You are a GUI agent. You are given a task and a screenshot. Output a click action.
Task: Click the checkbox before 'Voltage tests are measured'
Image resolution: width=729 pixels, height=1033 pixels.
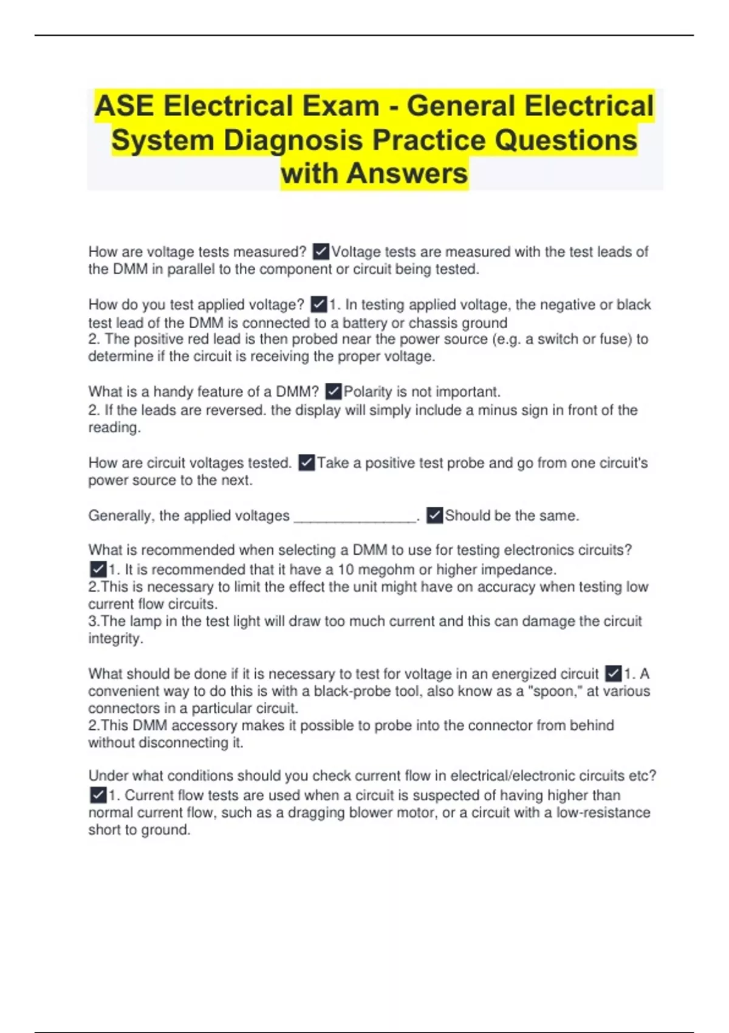point(321,252)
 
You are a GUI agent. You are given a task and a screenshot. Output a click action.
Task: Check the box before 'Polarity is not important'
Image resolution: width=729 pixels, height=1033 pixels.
point(334,392)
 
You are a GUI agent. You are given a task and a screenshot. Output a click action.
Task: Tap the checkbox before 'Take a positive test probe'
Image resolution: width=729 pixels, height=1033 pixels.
point(307,463)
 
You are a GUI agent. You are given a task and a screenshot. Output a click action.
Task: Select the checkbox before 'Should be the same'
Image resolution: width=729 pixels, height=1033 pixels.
point(434,516)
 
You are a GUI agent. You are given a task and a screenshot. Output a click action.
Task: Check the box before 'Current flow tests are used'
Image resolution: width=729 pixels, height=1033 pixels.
point(98,795)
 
